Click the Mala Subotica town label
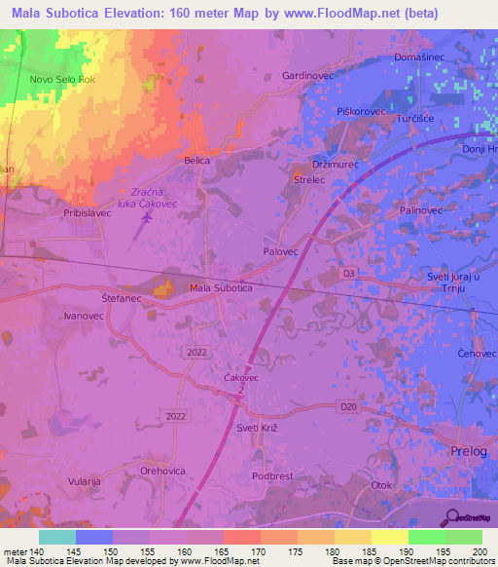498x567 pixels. point(221,288)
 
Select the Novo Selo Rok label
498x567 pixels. point(61,80)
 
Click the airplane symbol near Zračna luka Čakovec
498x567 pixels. point(147,217)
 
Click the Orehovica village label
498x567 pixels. point(162,470)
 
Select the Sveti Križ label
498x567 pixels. point(259,428)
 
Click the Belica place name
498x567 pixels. point(197,159)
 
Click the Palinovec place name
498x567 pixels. point(421,210)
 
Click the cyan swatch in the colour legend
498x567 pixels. point(57,537)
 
